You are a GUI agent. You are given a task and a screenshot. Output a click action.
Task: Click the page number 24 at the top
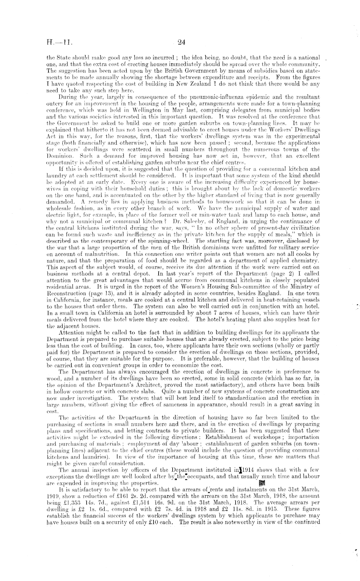[181, 42]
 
